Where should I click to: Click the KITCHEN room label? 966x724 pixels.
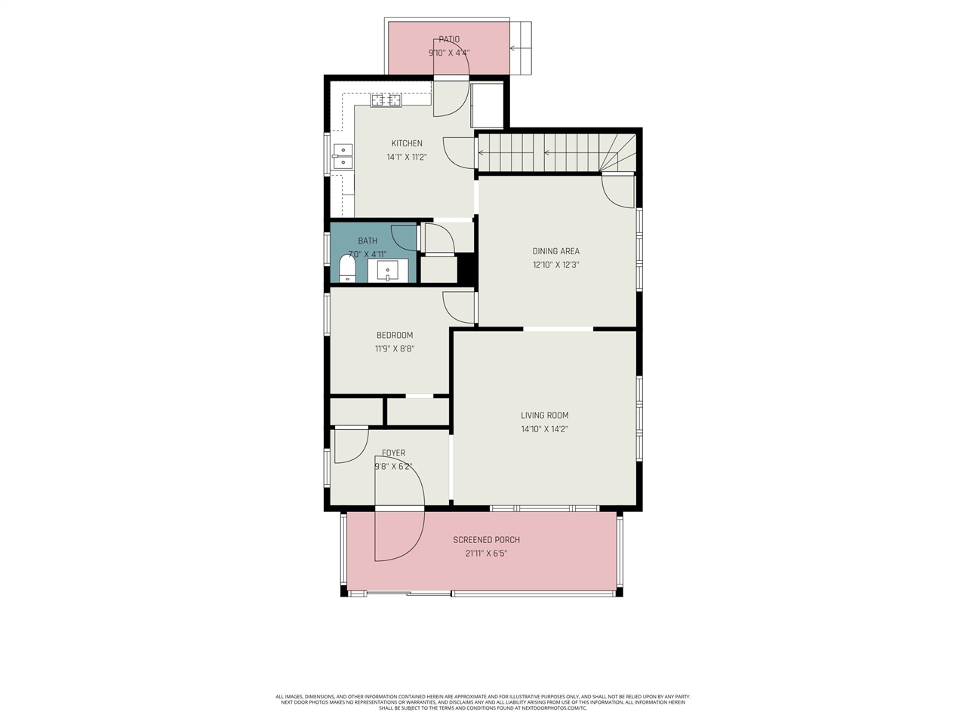[406, 143]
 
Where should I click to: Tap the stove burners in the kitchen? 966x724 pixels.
[386, 100]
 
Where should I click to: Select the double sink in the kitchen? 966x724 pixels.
[343, 156]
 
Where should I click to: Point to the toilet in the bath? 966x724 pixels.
[347, 268]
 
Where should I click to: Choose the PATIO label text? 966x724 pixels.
[449, 39]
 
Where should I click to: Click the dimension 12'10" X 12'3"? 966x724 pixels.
[555, 265]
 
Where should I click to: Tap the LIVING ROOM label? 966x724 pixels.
[544, 415]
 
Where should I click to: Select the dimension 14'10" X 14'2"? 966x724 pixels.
[544, 429]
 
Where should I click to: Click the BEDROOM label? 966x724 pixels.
[395, 335]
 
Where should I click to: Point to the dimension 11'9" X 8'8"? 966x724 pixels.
[395, 348]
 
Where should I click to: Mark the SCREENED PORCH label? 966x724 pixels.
[486, 540]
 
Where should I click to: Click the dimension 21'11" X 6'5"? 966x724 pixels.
[486, 554]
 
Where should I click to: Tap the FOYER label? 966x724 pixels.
[393, 453]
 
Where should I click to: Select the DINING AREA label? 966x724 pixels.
[555, 251]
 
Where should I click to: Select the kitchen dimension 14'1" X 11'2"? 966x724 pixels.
[406, 157]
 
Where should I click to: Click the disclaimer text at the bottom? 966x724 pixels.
[483, 702]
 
